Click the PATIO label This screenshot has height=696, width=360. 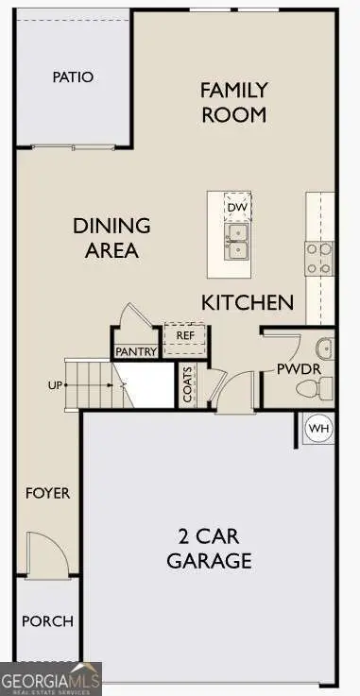point(73,76)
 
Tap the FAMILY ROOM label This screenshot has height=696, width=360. point(233,103)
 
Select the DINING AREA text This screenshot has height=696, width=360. point(112,238)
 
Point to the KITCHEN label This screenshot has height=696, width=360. point(248,302)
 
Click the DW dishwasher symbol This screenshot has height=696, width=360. point(236,206)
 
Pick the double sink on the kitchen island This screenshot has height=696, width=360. point(236,241)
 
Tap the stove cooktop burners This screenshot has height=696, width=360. point(319,258)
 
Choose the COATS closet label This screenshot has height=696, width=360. point(188,385)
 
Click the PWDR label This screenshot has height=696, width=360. point(293,368)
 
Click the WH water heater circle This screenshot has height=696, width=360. point(319,430)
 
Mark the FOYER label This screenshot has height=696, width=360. point(47,493)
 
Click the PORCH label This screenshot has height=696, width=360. point(47,622)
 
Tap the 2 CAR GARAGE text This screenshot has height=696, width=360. point(210,549)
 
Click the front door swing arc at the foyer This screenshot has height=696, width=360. point(45,552)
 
